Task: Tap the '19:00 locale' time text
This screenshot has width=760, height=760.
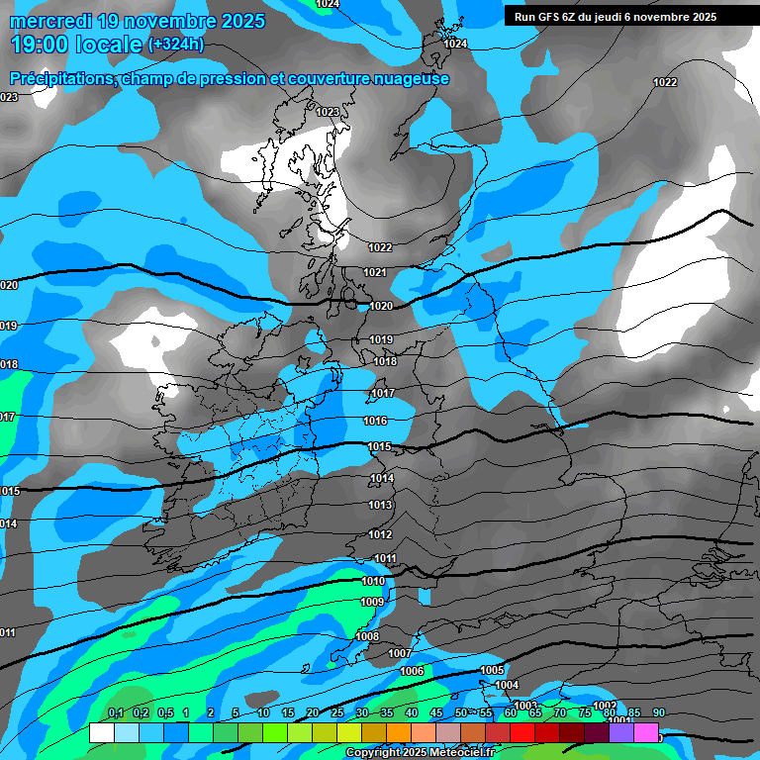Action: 75,44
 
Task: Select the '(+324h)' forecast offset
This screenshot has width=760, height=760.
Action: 176,44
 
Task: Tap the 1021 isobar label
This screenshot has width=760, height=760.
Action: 375,272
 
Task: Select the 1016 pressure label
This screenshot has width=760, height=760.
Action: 375,422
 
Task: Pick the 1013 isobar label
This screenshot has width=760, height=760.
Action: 381,506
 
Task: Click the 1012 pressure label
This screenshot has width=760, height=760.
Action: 381,534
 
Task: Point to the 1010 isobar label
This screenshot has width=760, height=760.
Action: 373,581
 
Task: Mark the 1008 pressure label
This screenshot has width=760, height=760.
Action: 367,636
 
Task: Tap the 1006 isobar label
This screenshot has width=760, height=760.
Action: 413,671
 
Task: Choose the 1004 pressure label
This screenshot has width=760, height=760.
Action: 507,685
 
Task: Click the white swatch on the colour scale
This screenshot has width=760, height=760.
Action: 101,732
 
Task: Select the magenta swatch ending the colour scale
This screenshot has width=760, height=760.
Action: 646,732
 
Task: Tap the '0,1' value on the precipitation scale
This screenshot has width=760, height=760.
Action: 116,713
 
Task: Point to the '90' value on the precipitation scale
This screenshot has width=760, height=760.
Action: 658,713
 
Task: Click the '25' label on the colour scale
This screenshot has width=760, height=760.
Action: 337,713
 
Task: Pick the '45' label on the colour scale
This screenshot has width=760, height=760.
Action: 436,713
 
